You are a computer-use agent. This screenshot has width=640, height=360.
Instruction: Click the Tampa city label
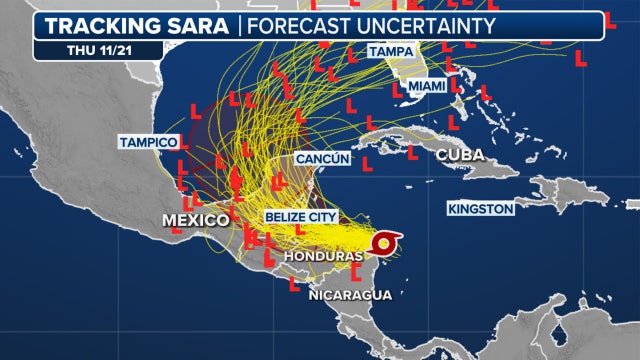(392, 51)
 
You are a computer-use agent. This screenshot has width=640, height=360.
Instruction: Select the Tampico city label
(148, 142)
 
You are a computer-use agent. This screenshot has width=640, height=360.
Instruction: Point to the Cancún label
(322, 159)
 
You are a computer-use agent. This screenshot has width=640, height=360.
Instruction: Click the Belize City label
(301, 216)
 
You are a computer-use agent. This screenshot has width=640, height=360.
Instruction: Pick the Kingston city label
(481, 208)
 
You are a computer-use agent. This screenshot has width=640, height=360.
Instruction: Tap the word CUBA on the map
(460, 154)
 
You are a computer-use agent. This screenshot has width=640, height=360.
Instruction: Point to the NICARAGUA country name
(349, 295)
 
